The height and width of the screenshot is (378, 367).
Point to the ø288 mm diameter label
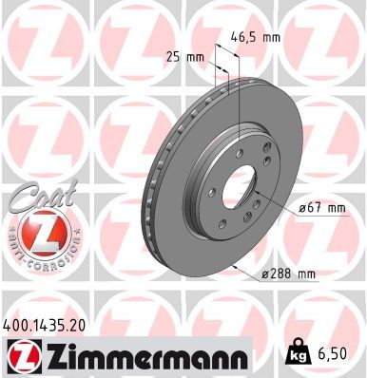[x=289, y=274]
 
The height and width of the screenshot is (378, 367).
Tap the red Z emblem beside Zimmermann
[x=18, y=358]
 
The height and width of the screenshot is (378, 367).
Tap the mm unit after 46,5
[x=272, y=38]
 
